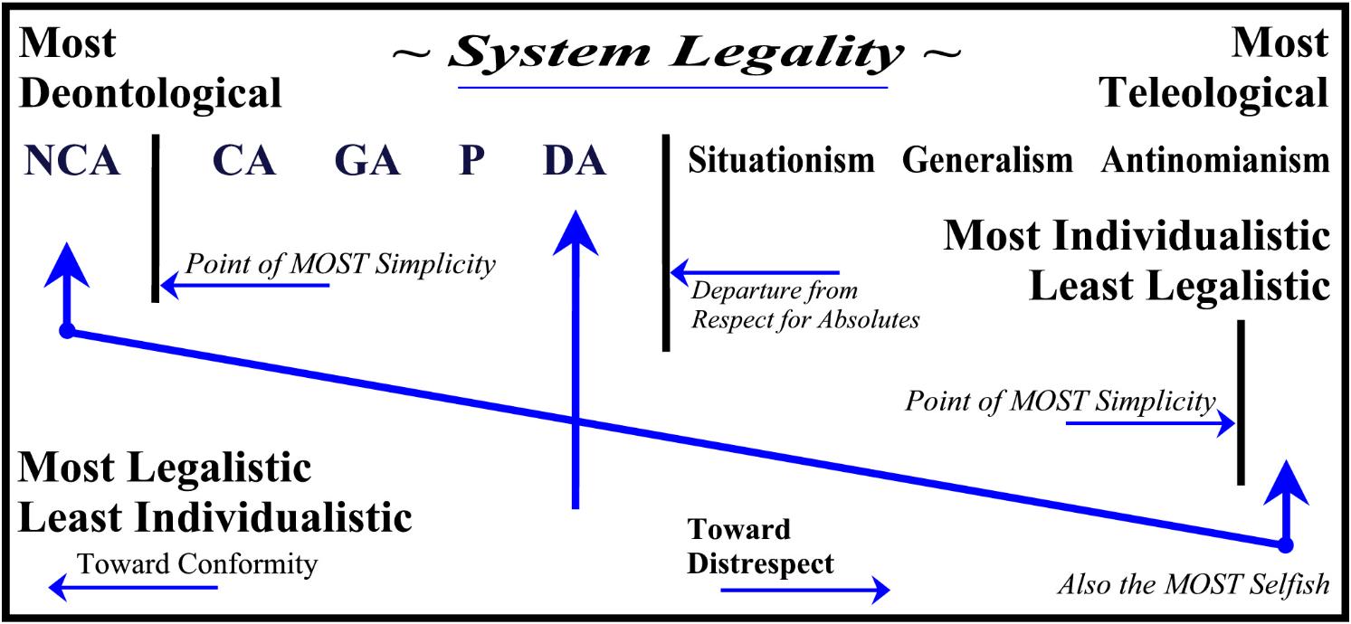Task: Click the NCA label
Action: (x=72, y=160)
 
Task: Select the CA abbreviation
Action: (x=244, y=160)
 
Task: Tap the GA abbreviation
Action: (x=367, y=160)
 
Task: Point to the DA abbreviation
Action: (x=575, y=160)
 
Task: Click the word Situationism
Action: (x=781, y=160)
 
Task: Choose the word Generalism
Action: (x=987, y=160)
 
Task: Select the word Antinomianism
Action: (x=1215, y=160)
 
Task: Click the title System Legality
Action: (x=675, y=53)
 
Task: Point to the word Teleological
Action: (x=1214, y=93)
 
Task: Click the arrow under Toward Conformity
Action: (x=133, y=587)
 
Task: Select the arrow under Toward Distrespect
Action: (x=805, y=590)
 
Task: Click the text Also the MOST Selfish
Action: (x=1194, y=584)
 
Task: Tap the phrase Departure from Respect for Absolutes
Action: (x=805, y=305)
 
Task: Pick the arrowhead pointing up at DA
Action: (x=576, y=234)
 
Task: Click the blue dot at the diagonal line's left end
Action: (x=67, y=331)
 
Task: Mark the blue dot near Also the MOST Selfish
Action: (x=1286, y=545)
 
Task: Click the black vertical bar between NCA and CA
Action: (x=156, y=218)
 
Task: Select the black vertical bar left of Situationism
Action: (x=666, y=242)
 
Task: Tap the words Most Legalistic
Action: (x=165, y=468)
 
